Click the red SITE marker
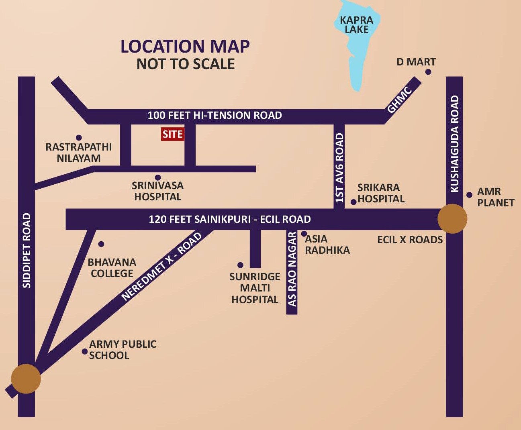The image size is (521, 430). (173, 134)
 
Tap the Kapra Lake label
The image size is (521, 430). (356, 24)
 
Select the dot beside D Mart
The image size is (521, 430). (428, 72)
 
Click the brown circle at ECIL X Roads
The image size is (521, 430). (452, 219)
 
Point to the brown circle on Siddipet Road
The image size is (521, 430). (26, 379)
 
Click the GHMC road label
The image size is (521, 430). (399, 100)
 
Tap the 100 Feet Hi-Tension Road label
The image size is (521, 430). (215, 116)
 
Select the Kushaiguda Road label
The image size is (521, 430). (455, 144)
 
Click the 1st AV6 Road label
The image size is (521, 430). (339, 168)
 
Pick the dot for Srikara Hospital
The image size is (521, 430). (353, 202)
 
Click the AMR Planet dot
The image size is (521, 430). (469, 195)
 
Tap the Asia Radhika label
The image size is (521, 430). (327, 245)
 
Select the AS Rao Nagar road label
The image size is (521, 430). (292, 269)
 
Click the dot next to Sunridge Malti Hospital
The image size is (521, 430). (240, 265)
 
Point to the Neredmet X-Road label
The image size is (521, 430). (161, 266)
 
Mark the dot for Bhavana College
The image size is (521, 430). (101, 244)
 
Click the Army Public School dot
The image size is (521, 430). (85, 352)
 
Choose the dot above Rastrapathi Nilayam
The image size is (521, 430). (79, 138)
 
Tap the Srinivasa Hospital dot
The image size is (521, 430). (158, 177)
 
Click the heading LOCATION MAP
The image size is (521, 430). (185, 47)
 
